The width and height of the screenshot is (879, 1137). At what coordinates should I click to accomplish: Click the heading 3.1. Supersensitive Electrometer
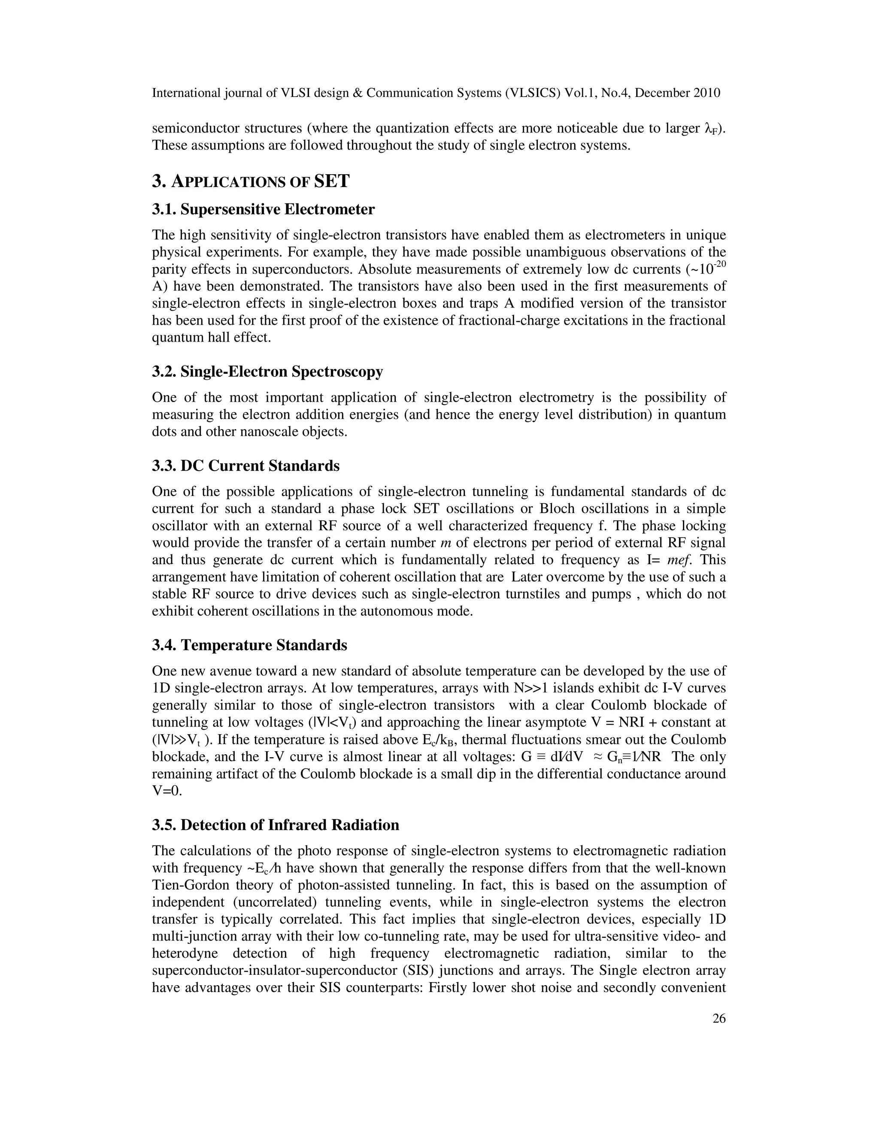point(263,210)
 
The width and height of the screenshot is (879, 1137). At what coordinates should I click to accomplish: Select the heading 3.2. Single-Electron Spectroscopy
point(267,372)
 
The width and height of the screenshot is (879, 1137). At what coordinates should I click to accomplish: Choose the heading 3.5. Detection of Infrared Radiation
point(276,825)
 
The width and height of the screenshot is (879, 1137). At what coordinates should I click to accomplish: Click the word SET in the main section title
point(332,181)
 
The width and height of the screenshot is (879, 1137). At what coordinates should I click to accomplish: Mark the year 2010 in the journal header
point(706,93)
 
